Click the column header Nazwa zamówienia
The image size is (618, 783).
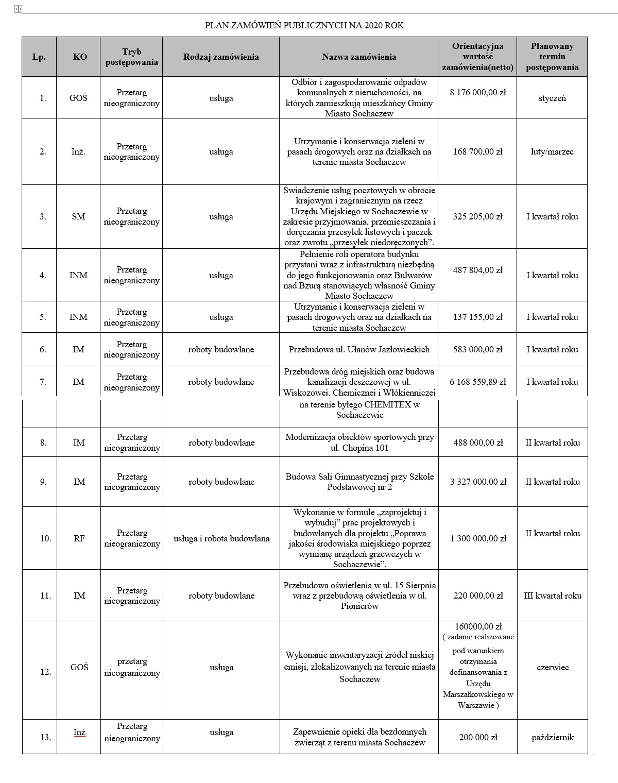(x=359, y=57)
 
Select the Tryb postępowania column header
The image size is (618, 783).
(x=132, y=57)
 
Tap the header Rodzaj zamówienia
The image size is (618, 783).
(x=221, y=57)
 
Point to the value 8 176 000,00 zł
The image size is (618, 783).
(x=477, y=93)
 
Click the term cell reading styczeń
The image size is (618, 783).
(x=552, y=98)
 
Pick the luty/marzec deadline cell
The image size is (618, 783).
(x=552, y=151)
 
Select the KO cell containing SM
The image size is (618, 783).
(x=79, y=217)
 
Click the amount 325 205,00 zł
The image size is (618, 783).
(x=477, y=217)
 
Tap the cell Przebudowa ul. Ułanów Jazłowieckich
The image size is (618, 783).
(x=359, y=349)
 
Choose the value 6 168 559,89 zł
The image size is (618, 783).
(x=477, y=382)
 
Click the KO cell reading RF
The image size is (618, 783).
(x=79, y=538)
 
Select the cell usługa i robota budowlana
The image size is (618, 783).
(x=221, y=538)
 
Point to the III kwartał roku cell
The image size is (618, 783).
(x=553, y=595)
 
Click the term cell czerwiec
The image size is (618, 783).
(x=553, y=667)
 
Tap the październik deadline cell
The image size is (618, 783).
(x=553, y=737)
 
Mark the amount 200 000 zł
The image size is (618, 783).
(x=478, y=737)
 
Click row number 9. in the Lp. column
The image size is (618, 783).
(x=43, y=482)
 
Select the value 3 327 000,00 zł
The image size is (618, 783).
(x=478, y=482)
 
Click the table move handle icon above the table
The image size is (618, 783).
(x=19, y=9)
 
